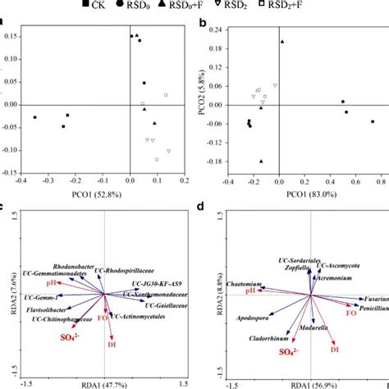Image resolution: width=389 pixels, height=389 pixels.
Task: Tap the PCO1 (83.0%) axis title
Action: [295, 194]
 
